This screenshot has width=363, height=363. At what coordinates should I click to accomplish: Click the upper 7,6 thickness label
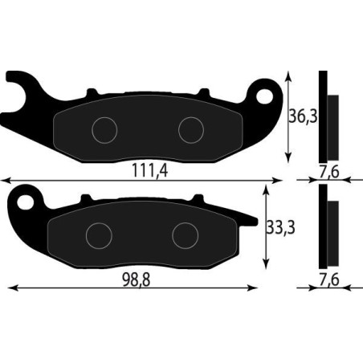click(x=328, y=170)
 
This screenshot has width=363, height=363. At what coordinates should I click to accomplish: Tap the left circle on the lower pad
click(x=98, y=235)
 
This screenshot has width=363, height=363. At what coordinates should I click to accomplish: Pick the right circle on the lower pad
click(x=185, y=235)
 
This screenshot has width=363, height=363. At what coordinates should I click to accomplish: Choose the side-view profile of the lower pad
click(x=328, y=227)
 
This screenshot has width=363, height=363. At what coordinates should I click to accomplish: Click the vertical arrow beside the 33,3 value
click(x=265, y=227)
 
